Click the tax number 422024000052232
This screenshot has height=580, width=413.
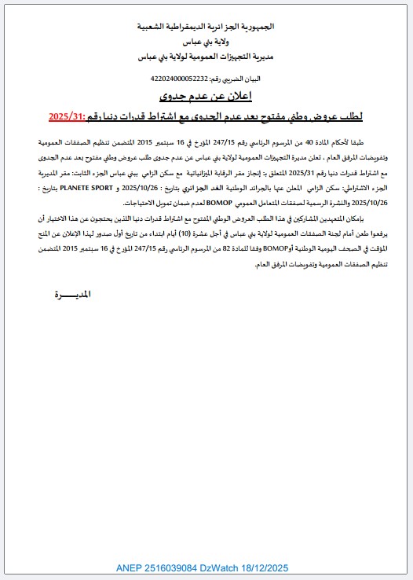tap(178, 79)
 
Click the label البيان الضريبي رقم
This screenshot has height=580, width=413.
tap(236, 79)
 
